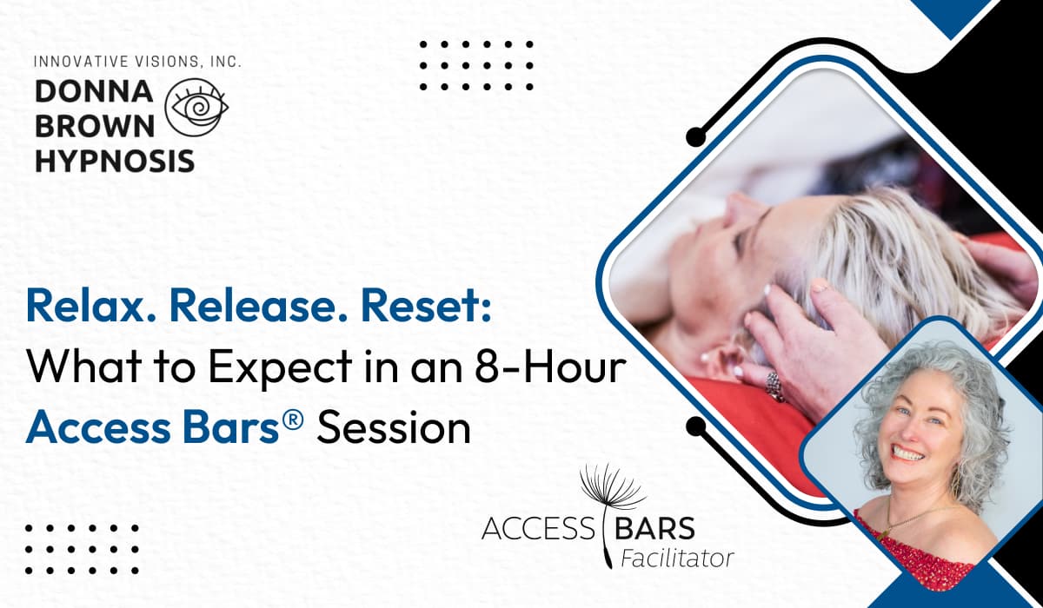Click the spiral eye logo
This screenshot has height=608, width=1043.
point(196,108)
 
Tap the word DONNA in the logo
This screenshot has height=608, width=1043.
point(94,91)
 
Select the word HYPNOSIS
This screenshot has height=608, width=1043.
point(115,161)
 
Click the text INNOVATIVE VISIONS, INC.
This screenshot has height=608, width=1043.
point(138,62)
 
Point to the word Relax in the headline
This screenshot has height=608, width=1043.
point(91,306)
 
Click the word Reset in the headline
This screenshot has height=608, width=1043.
point(426,306)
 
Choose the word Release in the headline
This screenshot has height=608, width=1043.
point(259,306)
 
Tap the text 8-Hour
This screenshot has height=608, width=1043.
point(550,367)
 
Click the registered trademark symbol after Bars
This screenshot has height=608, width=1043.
point(293,417)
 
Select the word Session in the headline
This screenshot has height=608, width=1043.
point(394,428)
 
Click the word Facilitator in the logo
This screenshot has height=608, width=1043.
point(677,558)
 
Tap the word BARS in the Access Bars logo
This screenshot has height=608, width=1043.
point(654,528)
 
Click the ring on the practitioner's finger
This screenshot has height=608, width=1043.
point(774,387)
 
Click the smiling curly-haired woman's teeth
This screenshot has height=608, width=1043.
point(907,453)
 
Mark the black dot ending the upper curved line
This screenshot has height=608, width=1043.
point(695,136)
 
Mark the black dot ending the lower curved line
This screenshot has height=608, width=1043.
point(695,426)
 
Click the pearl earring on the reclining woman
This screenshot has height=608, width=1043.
point(703,357)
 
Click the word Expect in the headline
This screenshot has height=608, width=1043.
point(280,368)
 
